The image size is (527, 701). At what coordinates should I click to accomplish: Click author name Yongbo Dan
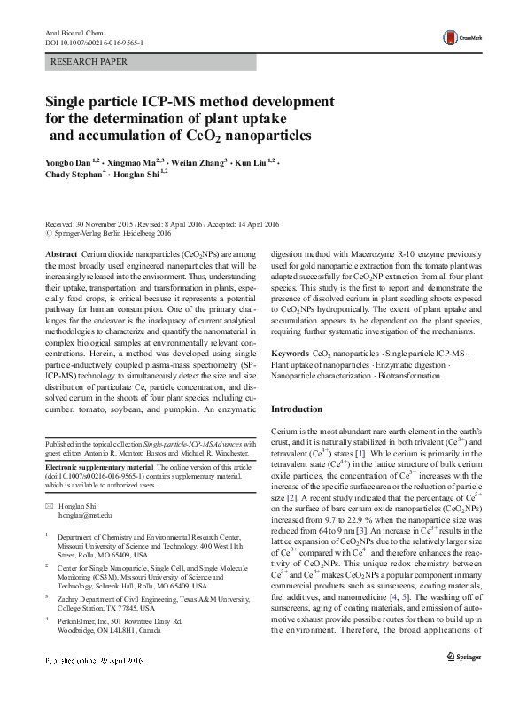coord(69,164)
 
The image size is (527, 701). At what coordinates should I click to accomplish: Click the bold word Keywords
coord(289,353)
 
